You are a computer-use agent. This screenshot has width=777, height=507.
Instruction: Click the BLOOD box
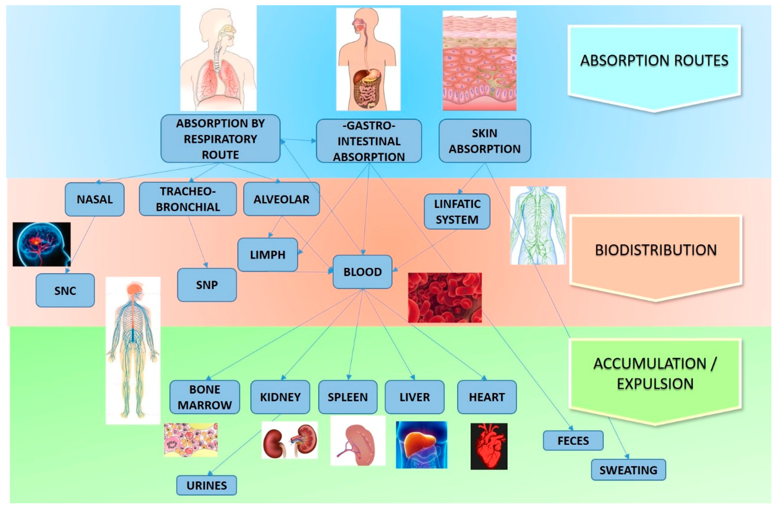362,272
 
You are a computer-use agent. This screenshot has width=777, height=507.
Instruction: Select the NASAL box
94,199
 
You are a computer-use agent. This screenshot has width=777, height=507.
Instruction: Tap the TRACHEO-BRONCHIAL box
188,199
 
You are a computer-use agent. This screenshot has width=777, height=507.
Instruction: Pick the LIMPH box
267,255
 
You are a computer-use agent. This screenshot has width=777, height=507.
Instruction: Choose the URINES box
206,485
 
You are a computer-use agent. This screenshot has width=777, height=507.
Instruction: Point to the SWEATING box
628,470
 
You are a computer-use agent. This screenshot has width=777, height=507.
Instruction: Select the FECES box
573,440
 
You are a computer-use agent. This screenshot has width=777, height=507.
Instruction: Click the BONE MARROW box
205,397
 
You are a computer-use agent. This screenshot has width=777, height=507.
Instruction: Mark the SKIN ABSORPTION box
484,141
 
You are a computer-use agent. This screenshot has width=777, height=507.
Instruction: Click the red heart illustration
489,446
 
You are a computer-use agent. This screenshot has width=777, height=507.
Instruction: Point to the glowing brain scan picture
41,244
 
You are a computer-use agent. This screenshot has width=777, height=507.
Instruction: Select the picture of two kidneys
290,440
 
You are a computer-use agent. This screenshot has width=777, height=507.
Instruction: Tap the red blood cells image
445,298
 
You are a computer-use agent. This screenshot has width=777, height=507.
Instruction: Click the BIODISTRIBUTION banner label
656,250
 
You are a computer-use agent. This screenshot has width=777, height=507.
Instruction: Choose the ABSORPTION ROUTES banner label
654,61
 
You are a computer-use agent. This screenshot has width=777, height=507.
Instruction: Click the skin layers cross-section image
479,61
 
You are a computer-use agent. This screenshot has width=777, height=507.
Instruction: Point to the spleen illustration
358,441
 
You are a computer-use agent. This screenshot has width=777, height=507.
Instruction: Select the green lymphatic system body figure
538,225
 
